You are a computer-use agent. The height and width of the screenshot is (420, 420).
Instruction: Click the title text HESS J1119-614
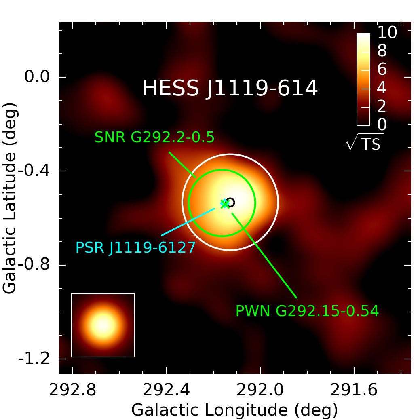coord(230,88)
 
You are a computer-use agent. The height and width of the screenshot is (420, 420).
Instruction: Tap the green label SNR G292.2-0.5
coord(154,137)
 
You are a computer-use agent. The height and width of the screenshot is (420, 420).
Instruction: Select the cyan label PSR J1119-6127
coord(135,247)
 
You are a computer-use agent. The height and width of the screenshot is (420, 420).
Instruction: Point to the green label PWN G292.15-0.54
coord(307,311)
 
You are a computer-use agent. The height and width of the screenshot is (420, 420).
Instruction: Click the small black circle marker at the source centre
coord(230,202)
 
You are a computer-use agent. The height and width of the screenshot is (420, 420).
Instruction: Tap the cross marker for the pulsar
coord(225,203)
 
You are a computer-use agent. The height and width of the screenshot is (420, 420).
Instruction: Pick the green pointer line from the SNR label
coord(182,165)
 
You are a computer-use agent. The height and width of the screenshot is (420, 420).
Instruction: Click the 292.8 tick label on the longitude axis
coord(72,390)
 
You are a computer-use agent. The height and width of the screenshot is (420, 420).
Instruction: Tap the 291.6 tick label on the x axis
coord(354,390)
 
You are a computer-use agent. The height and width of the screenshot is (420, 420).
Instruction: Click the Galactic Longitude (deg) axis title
coord(234,409)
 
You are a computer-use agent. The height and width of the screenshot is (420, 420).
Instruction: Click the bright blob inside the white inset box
coord(103,325)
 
